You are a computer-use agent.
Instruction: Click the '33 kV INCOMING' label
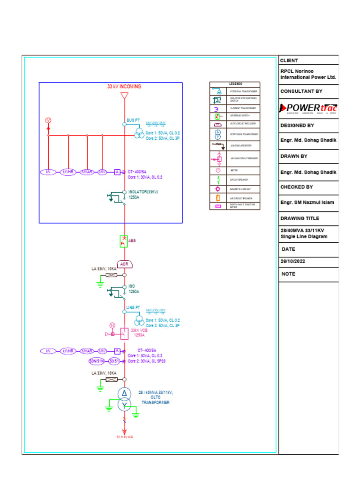(x=124, y=87)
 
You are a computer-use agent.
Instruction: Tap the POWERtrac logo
(x=308, y=108)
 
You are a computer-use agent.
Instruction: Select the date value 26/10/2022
(x=293, y=261)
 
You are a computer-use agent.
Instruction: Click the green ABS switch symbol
(x=124, y=241)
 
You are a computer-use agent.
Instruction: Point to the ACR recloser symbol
(x=124, y=264)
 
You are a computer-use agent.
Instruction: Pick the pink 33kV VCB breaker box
(x=124, y=333)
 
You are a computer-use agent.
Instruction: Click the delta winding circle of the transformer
(x=123, y=393)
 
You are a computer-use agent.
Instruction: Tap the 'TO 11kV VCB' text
(x=125, y=437)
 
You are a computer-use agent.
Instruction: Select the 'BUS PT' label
(x=133, y=120)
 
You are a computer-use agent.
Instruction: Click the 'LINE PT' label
(x=133, y=307)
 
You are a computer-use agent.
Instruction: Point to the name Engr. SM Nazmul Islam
(x=307, y=202)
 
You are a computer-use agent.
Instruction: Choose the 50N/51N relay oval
(x=97, y=361)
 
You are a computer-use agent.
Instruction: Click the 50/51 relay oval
(x=114, y=361)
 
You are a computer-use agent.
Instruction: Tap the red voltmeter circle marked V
(x=48, y=120)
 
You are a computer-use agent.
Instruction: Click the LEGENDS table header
(x=235, y=84)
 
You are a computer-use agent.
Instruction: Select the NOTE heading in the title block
(x=289, y=274)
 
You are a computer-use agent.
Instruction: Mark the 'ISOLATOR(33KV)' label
(x=143, y=192)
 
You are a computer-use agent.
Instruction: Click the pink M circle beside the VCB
(x=112, y=325)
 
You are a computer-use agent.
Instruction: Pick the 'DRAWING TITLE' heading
(x=300, y=218)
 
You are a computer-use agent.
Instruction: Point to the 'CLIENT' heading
(x=289, y=60)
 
